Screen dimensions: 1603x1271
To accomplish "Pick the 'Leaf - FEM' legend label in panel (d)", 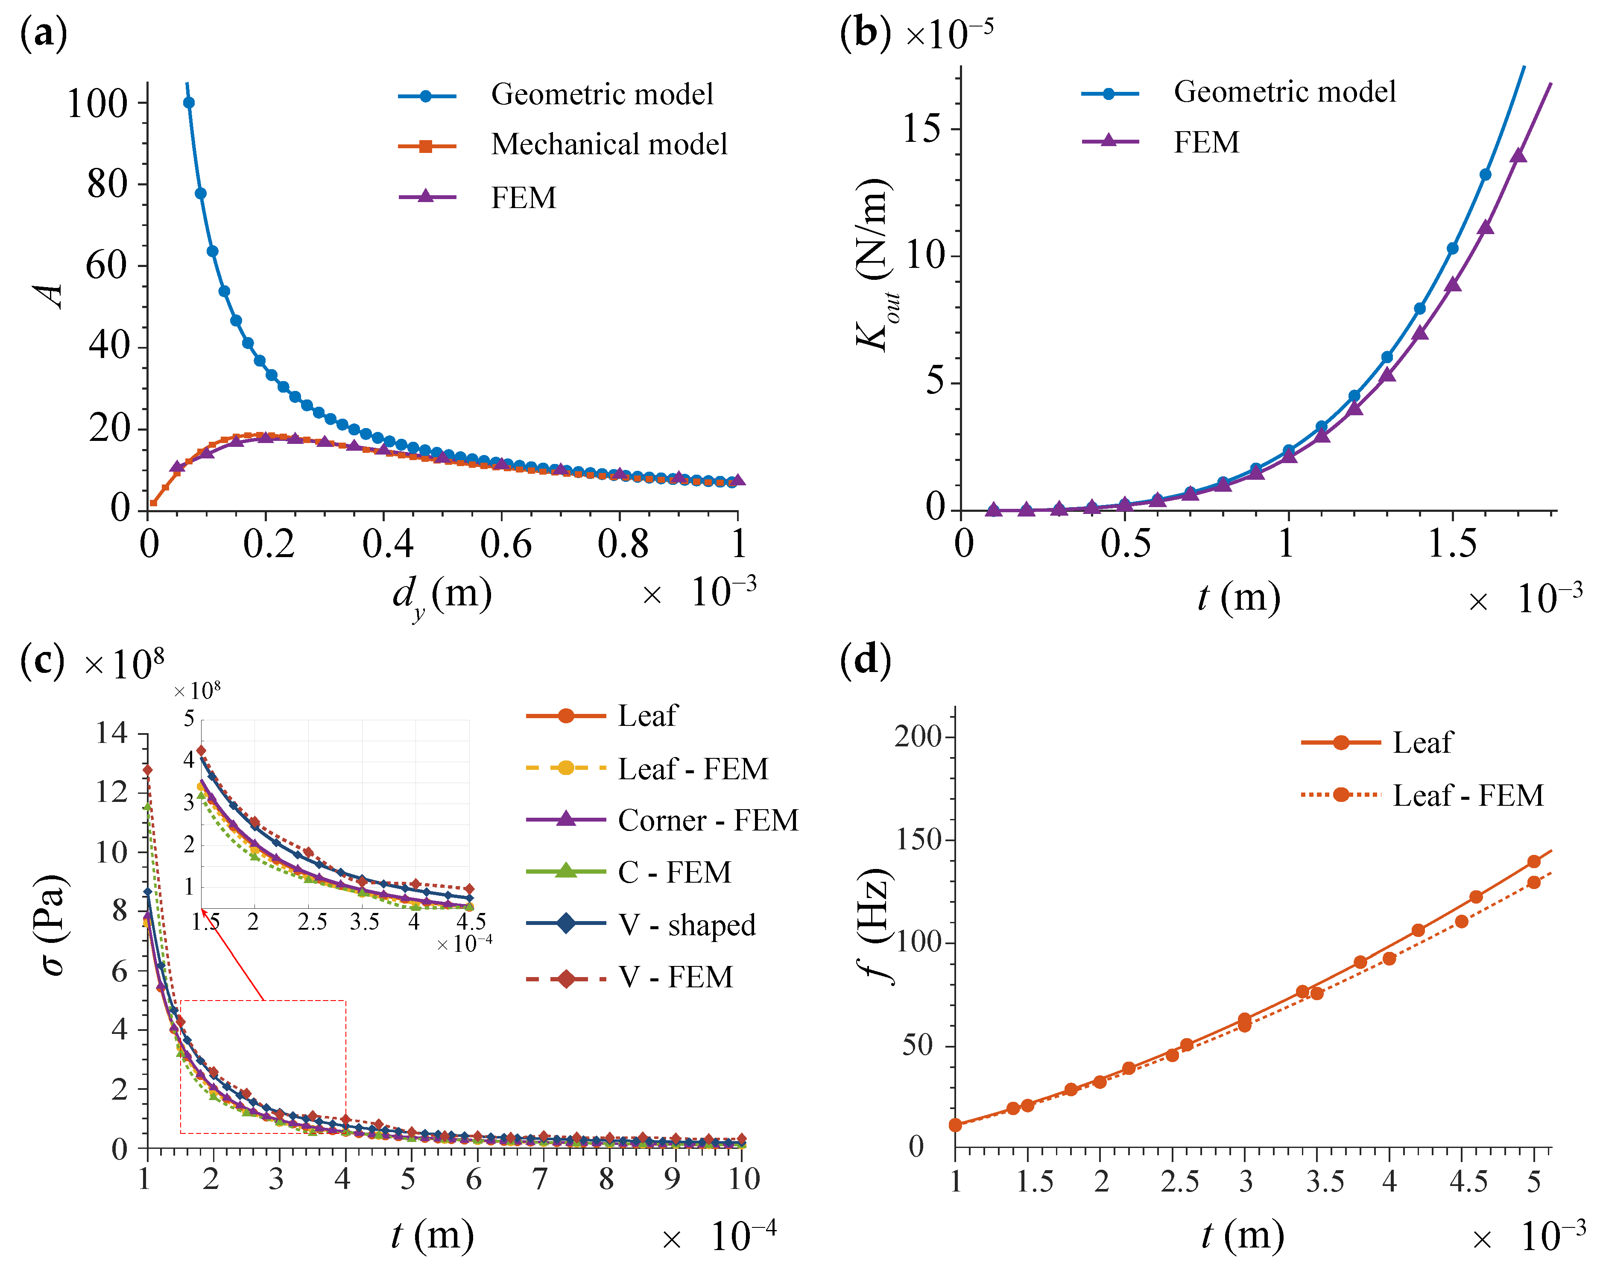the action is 1468,795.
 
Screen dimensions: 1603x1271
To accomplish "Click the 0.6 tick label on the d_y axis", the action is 506,544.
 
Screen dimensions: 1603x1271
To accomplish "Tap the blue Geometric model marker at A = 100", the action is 189,103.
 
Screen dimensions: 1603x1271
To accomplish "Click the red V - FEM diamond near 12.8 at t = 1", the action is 148,770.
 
